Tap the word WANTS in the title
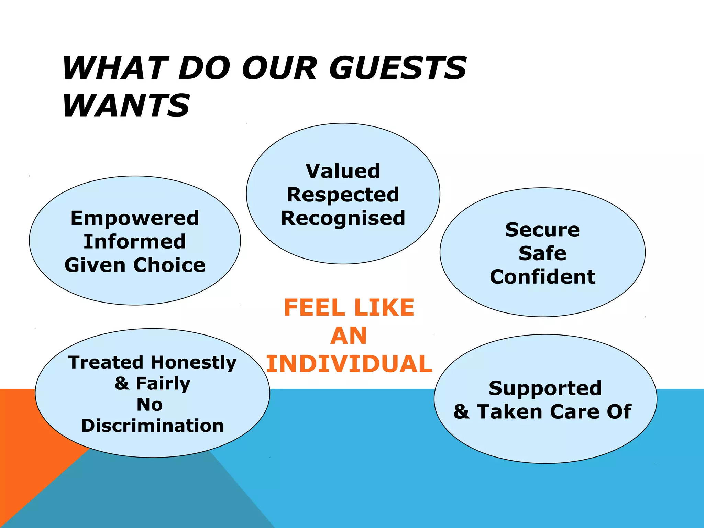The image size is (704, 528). click(126, 105)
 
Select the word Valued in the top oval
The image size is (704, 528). click(343, 171)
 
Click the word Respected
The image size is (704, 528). click(343, 195)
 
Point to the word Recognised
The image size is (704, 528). click(343, 218)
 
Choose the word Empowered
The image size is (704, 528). click(135, 218)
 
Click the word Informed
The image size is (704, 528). click(135, 242)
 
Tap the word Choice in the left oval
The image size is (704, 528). click(169, 265)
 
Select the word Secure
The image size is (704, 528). click(542, 230)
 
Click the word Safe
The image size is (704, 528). click(542, 253)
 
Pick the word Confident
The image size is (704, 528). click(542, 277)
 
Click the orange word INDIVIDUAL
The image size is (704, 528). click(349, 364)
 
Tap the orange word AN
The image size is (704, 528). click(349, 336)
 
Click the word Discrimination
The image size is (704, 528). click(152, 426)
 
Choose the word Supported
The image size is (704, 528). click(545, 388)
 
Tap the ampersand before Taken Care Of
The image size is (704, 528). click(461, 412)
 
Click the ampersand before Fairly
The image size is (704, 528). click(122, 384)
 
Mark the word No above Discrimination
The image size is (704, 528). click(150, 405)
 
